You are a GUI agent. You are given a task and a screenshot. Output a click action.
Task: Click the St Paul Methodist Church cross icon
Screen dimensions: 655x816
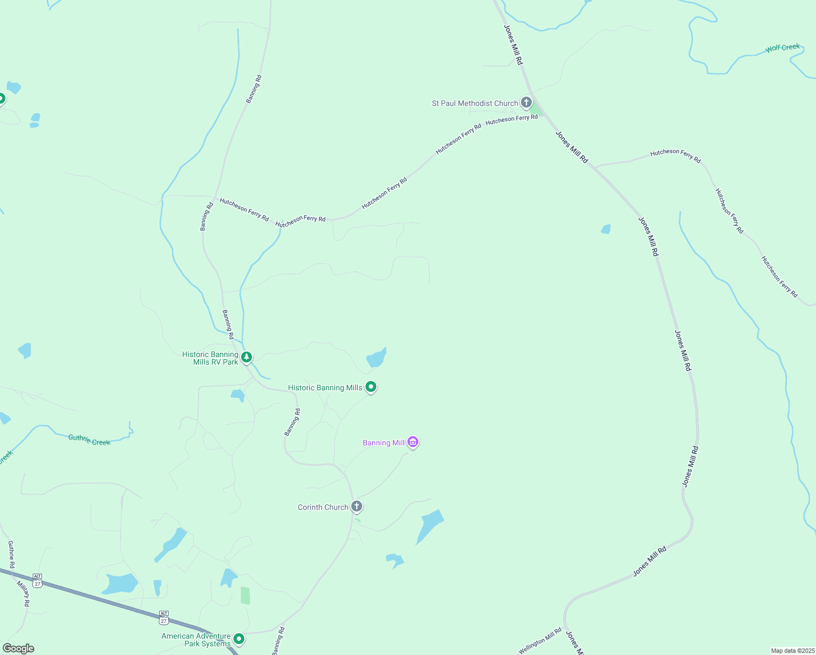526,102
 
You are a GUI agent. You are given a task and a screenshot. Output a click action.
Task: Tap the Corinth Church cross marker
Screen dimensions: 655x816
357,507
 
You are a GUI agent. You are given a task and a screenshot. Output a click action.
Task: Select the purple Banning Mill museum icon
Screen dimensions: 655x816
413,442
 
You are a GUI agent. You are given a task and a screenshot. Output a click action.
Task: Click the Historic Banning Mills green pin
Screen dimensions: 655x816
371,387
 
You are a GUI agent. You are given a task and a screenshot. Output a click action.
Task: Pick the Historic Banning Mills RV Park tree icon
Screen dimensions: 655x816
247,357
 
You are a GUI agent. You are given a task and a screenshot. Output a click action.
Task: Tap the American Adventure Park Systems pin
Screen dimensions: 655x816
238,639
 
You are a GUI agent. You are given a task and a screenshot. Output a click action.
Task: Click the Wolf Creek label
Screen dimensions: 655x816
782,48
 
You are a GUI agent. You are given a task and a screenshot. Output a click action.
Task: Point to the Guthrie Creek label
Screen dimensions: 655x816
89,440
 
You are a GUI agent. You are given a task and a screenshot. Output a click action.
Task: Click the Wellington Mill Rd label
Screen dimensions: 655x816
539,641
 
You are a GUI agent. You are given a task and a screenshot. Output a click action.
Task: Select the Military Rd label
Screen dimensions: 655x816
23,593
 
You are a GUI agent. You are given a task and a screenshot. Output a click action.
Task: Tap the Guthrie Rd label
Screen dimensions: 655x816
11,554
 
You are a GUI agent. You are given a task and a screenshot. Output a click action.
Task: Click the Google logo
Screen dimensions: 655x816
18,648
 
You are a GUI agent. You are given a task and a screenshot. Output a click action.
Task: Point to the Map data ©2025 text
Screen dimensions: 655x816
792,651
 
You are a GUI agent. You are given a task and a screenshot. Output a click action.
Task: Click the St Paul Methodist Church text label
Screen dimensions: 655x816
475,103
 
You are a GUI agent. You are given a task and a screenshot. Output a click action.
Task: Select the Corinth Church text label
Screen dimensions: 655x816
323,507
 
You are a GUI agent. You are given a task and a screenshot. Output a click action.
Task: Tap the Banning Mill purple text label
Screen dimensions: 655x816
383,443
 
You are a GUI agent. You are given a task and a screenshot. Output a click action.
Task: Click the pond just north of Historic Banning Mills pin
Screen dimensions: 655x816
376,358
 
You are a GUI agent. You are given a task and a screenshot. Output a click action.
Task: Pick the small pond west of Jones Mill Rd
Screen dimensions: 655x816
605,229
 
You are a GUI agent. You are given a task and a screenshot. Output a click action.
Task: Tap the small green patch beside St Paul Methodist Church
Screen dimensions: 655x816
536,109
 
